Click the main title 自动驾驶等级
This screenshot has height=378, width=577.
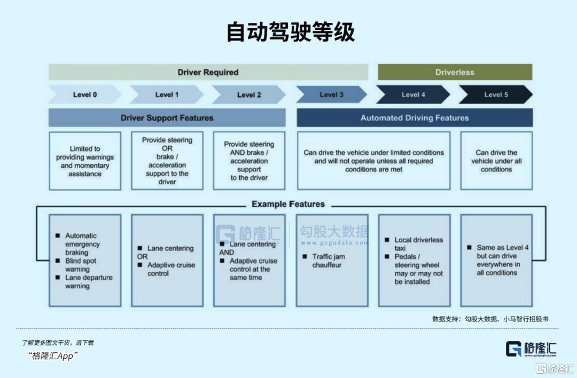point(290,32)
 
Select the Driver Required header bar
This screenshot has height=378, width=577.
point(208,72)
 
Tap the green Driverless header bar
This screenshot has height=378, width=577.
point(455,72)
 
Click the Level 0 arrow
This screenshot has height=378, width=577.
point(85,94)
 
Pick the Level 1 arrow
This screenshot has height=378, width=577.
point(167,94)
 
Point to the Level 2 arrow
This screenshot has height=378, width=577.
point(249,94)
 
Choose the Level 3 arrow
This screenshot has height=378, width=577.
point(331,94)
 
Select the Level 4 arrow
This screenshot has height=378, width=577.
point(414,94)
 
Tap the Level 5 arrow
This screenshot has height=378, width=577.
point(496,94)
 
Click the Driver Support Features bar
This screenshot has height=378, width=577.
point(167,118)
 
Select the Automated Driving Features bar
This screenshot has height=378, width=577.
point(415,118)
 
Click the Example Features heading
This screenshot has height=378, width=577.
point(288,204)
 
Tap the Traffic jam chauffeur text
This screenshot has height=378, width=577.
point(329,261)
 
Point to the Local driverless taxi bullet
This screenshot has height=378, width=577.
point(418,244)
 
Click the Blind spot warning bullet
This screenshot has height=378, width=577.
point(80,265)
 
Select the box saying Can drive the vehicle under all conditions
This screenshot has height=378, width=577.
point(496,161)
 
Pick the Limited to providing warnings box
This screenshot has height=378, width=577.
point(85,161)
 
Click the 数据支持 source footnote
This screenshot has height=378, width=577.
point(490,319)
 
